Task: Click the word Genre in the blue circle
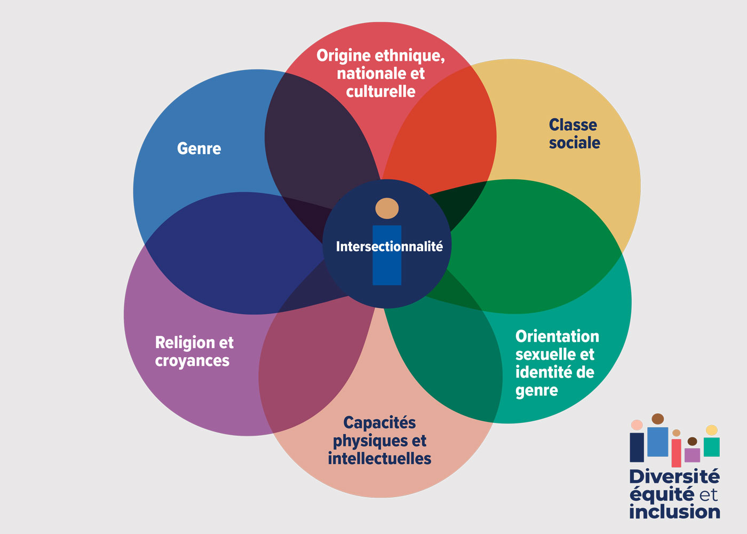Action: (199, 148)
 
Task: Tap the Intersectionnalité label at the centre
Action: (389, 246)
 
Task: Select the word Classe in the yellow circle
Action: (573, 125)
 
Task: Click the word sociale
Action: (575, 143)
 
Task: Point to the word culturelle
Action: (380, 91)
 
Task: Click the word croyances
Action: (192, 361)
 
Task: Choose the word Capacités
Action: (379, 422)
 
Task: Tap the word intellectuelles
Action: (379, 459)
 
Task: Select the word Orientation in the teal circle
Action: (557, 336)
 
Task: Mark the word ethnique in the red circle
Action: (409, 56)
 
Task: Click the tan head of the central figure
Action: (387, 208)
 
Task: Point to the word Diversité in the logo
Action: (674, 476)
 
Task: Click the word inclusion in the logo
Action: (674, 512)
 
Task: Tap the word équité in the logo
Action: (662, 494)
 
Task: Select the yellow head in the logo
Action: (712, 430)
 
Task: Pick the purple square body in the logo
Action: (692, 455)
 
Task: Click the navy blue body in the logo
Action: (637, 447)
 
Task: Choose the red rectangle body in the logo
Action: (676, 453)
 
